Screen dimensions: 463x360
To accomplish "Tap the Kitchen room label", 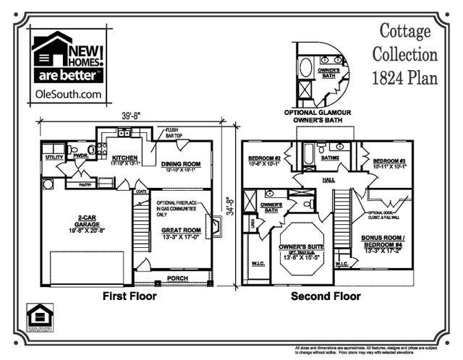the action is point(124,158).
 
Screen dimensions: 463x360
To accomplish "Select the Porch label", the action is point(177,278).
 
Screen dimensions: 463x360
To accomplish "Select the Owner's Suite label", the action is point(303,248).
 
